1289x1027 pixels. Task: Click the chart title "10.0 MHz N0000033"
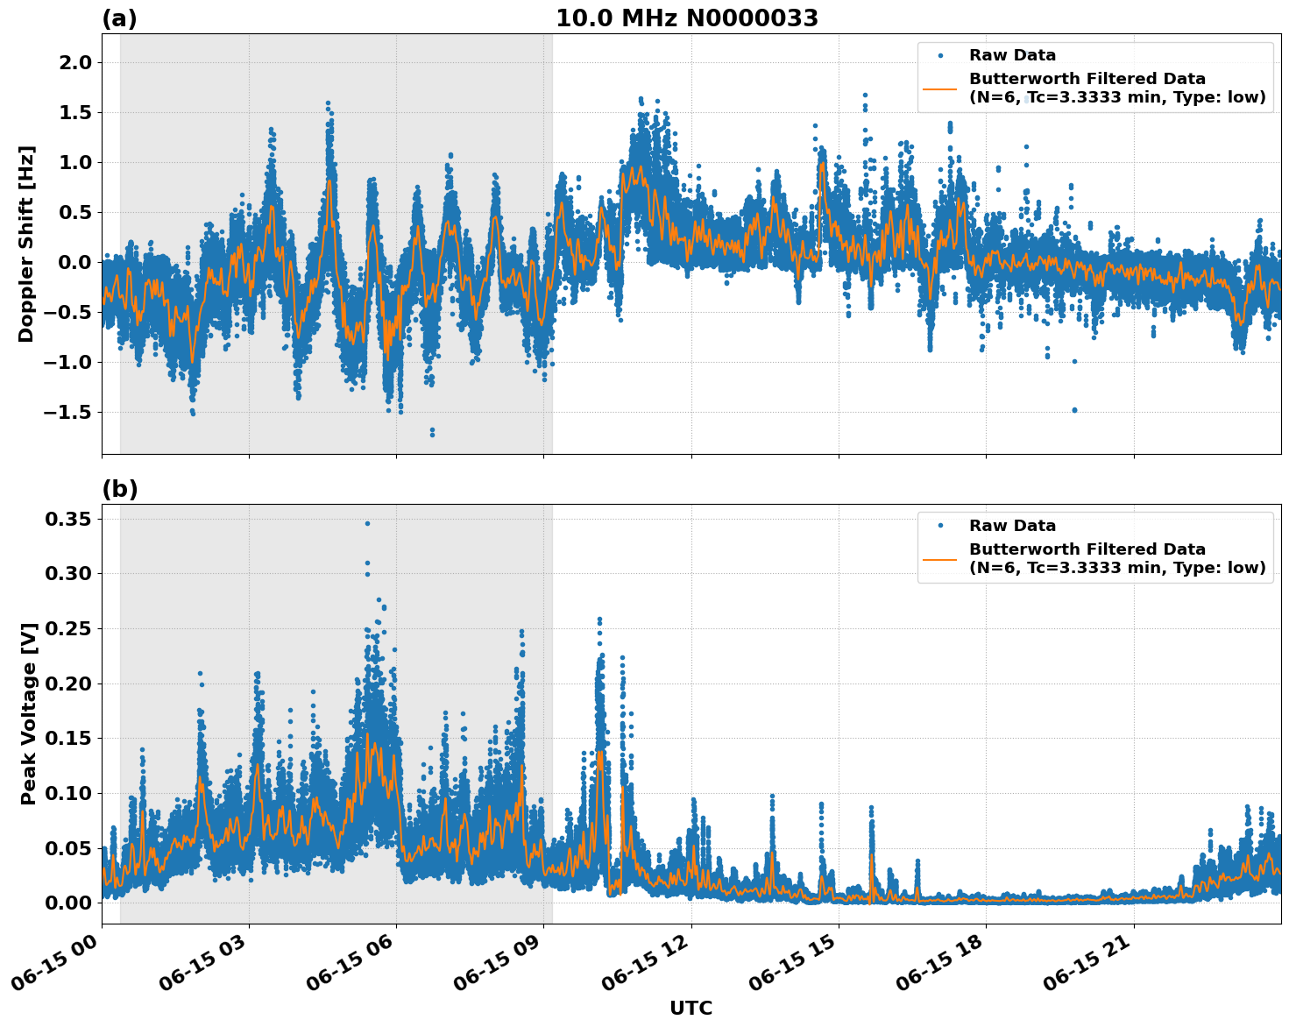point(686,18)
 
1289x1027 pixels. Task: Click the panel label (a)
point(119,18)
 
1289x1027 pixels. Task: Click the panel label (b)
point(119,489)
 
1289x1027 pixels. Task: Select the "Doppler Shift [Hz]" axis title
point(26,244)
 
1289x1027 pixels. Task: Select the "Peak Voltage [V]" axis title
point(29,714)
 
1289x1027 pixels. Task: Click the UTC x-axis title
point(691,1008)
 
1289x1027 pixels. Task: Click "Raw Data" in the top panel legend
point(1012,55)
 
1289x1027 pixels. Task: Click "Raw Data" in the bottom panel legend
point(1012,526)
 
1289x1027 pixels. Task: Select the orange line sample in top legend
point(940,89)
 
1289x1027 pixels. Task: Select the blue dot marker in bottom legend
point(940,526)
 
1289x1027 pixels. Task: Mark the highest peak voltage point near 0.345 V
point(367,523)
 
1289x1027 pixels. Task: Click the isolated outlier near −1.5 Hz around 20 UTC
point(1074,409)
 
